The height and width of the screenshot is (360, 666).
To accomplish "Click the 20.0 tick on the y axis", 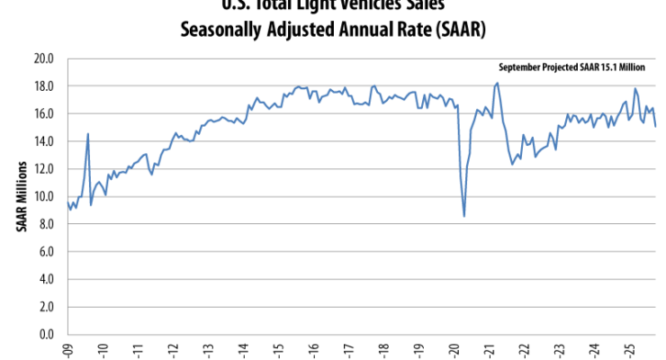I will [x=45, y=58].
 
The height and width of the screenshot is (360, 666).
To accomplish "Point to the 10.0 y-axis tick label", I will [x=45, y=196].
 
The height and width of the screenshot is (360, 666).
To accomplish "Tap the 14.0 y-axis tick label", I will [x=45, y=141].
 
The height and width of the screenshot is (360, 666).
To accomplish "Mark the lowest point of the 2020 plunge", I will [x=464, y=216].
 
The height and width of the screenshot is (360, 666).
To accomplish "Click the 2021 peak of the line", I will [x=498, y=83].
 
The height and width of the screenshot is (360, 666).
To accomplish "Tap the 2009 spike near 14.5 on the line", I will [x=87, y=134].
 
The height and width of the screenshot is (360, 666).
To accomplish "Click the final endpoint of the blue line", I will [x=655, y=126].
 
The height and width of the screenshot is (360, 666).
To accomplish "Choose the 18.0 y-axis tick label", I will [x=45, y=86].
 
